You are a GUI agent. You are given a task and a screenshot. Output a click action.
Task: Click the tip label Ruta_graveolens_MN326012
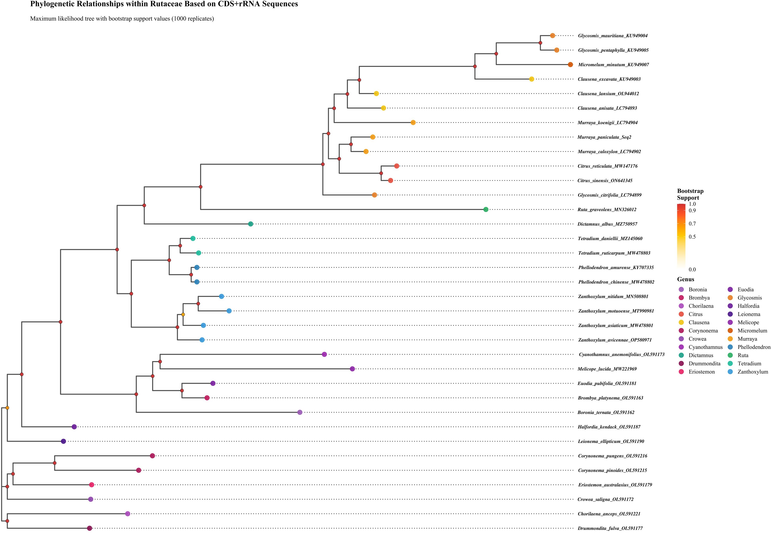[x=607, y=210]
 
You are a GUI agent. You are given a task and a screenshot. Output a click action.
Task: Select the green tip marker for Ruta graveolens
[x=486, y=209]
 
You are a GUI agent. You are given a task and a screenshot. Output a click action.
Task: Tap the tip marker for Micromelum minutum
[x=570, y=64]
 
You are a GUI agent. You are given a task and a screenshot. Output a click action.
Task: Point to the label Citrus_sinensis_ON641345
[x=605, y=181]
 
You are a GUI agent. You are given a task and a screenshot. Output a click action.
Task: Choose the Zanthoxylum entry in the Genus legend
[x=753, y=372]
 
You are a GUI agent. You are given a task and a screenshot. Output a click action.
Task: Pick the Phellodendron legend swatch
[x=730, y=347]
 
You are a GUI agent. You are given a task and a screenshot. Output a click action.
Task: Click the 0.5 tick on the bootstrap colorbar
[x=692, y=237]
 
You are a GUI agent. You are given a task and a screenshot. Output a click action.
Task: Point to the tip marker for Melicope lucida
[x=352, y=369]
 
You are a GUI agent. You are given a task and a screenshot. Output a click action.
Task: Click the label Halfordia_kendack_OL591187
[x=609, y=427]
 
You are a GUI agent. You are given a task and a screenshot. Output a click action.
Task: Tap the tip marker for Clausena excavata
[x=532, y=79]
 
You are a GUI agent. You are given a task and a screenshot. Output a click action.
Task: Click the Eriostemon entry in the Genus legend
[x=702, y=372]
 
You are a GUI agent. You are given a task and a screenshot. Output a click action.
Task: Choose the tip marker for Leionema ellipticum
[x=64, y=441]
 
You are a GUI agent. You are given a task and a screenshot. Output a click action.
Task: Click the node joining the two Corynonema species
[x=54, y=463]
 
